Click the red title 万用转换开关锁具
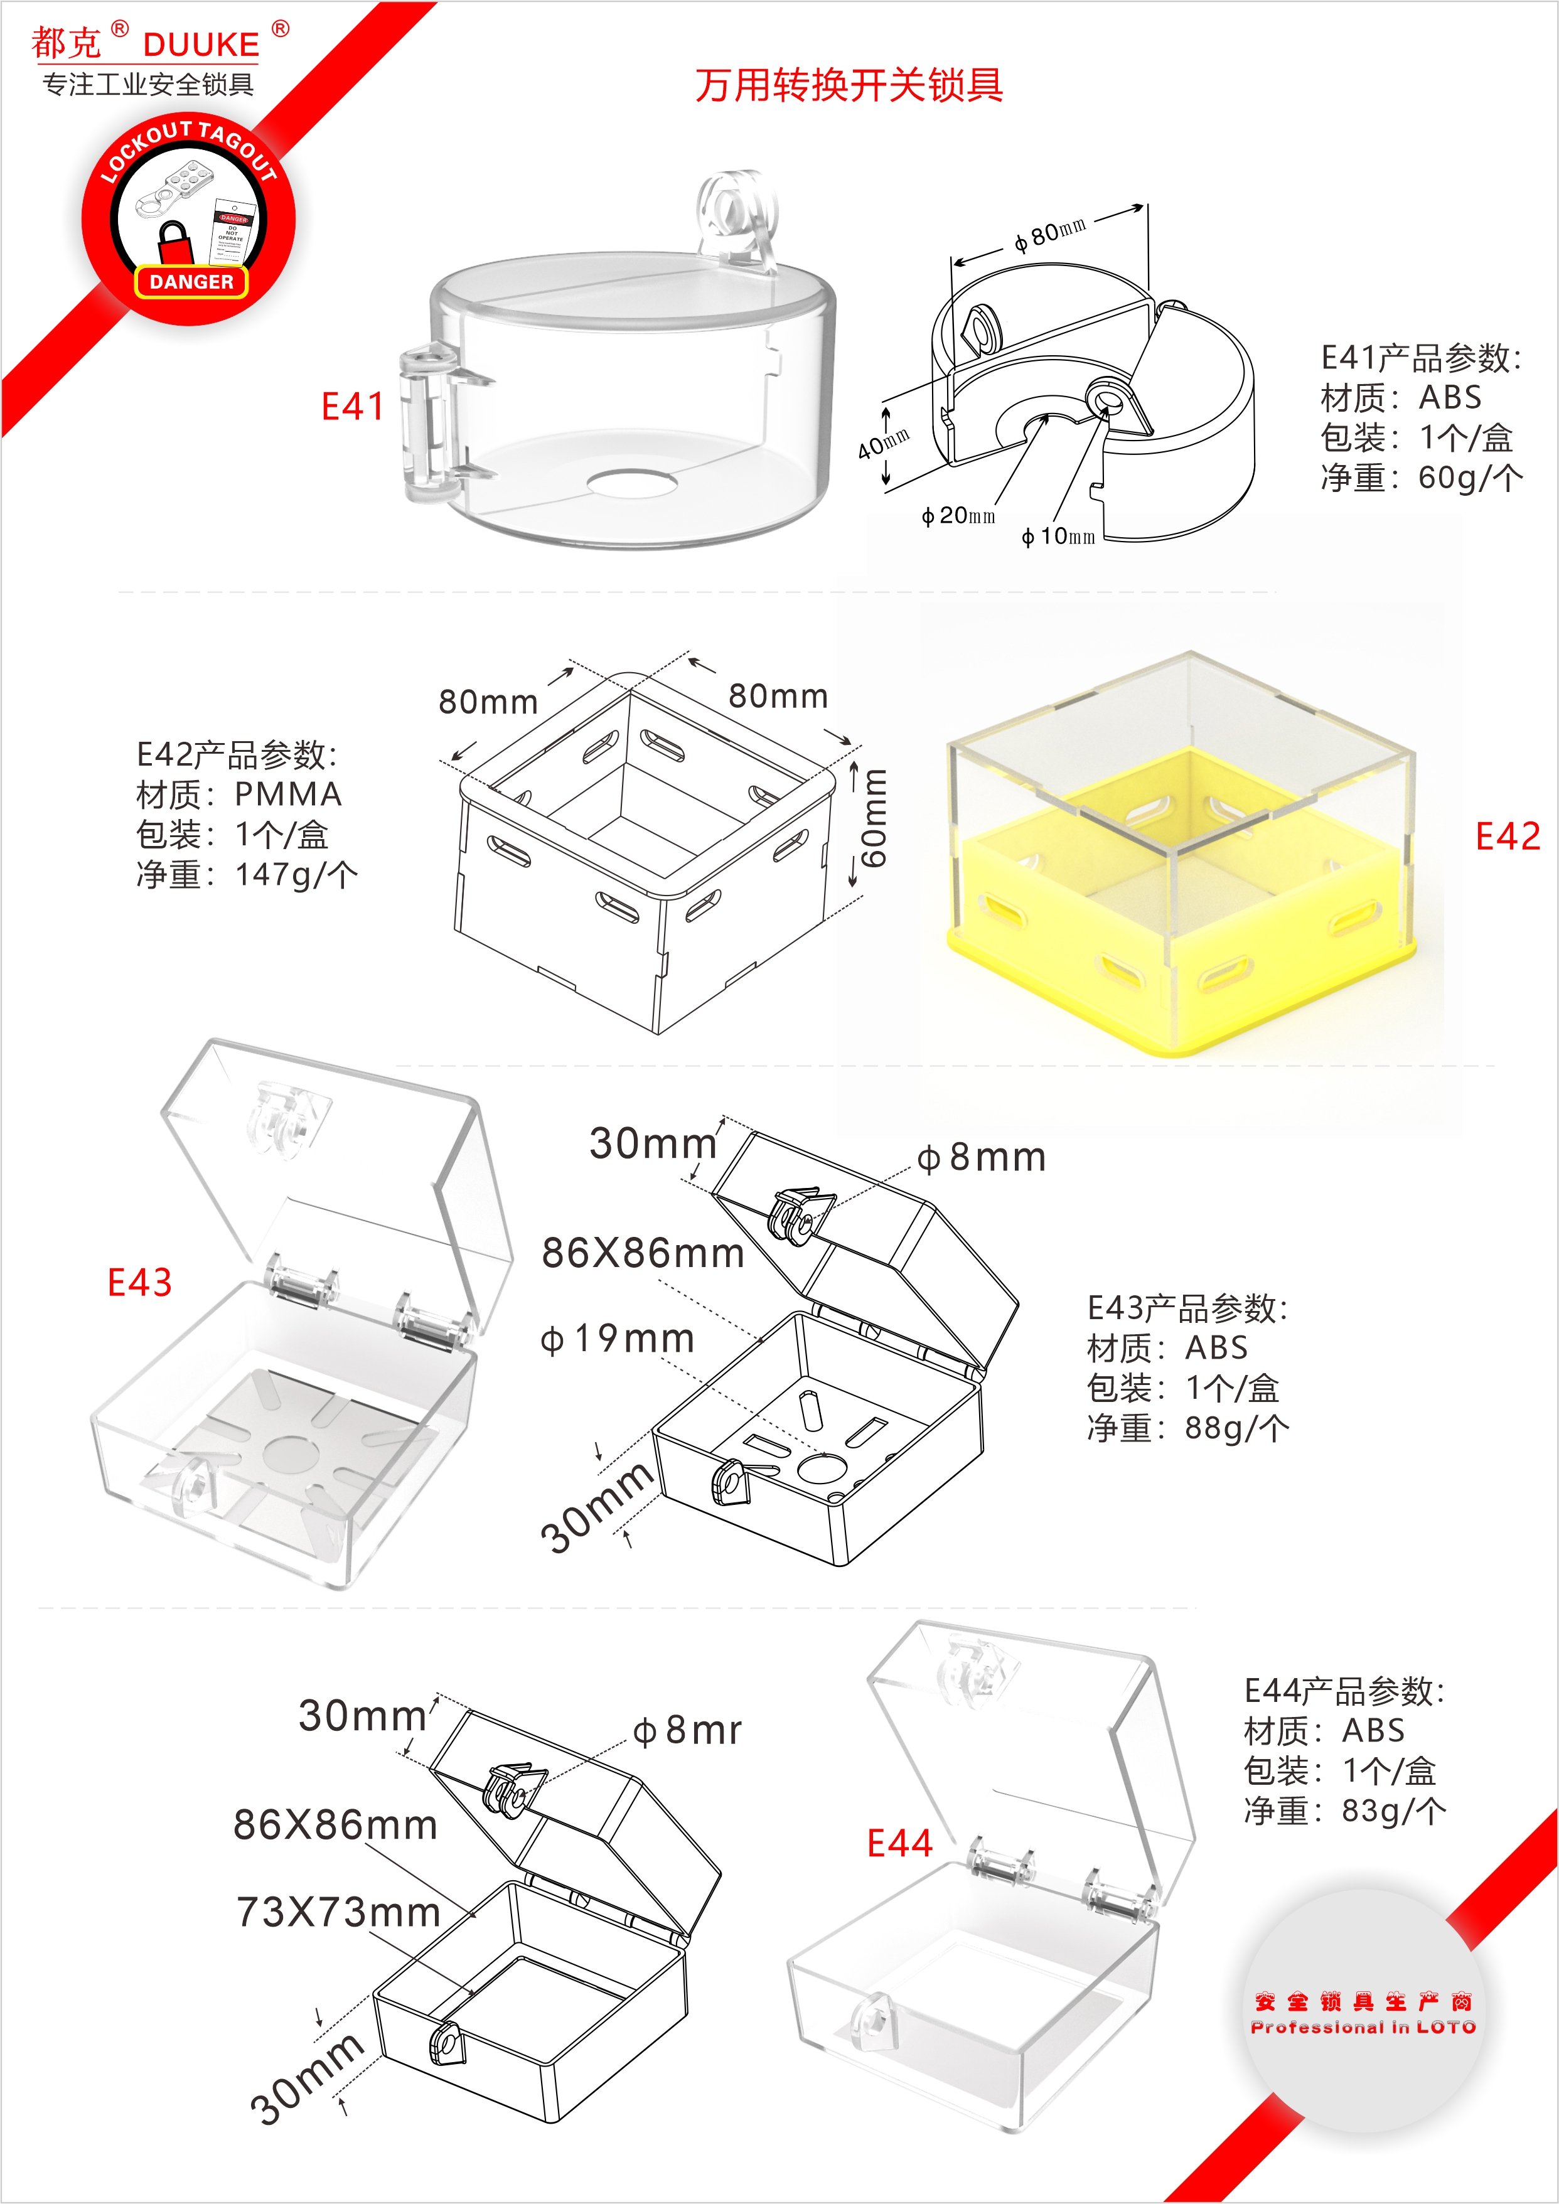coord(849,85)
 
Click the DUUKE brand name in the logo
coord(201,44)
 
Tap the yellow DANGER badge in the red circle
coord(191,281)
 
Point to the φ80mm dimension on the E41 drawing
coord(1050,232)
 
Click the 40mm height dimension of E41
coord(883,444)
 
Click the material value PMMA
coord(288,794)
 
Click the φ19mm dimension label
coord(618,1338)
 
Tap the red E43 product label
coord(139,1283)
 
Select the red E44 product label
coord(899,1843)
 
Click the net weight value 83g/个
coord(1394,1811)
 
